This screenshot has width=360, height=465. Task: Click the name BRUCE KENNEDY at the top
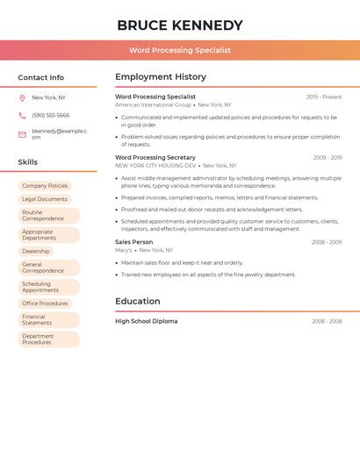(180, 25)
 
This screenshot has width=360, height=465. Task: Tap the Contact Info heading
(41, 77)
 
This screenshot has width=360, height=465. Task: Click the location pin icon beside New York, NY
(22, 97)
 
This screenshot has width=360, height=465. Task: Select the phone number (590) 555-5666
(50, 115)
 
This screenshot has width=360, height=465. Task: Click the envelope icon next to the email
(22, 134)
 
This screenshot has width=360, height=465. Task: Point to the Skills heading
(28, 162)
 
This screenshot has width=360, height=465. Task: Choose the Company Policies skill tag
(45, 186)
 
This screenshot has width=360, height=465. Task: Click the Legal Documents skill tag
(45, 199)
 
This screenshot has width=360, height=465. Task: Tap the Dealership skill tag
(36, 251)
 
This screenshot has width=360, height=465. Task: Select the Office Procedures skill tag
(45, 304)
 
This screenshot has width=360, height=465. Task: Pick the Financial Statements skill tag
(49, 319)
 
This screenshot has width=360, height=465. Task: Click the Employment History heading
(161, 77)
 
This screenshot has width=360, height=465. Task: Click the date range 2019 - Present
(324, 97)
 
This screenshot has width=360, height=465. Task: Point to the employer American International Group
(153, 104)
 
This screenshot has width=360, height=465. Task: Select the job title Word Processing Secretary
(155, 157)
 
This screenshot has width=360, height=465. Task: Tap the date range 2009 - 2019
(328, 158)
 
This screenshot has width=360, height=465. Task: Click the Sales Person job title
(133, 241)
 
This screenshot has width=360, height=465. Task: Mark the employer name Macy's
(124, 250)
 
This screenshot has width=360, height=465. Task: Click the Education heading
(137, 302)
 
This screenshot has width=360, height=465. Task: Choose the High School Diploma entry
(146, 321)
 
